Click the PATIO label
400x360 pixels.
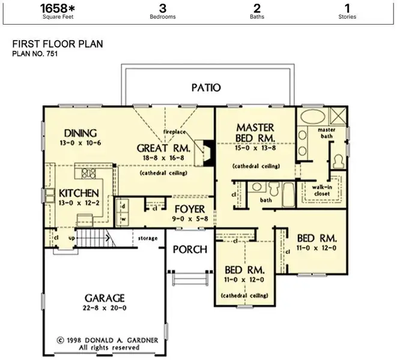[x=206, y=88]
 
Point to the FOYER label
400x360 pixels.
[x=190, y=209]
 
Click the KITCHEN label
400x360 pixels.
[x=79, y=193]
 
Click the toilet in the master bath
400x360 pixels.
[x=339, y=160]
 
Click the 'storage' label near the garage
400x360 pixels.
[x=148, y=238]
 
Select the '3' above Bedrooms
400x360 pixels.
[x=162, y=8]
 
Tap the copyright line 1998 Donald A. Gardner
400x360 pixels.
[x=108, y=340]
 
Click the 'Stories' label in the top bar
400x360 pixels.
[x=347, y=17]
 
